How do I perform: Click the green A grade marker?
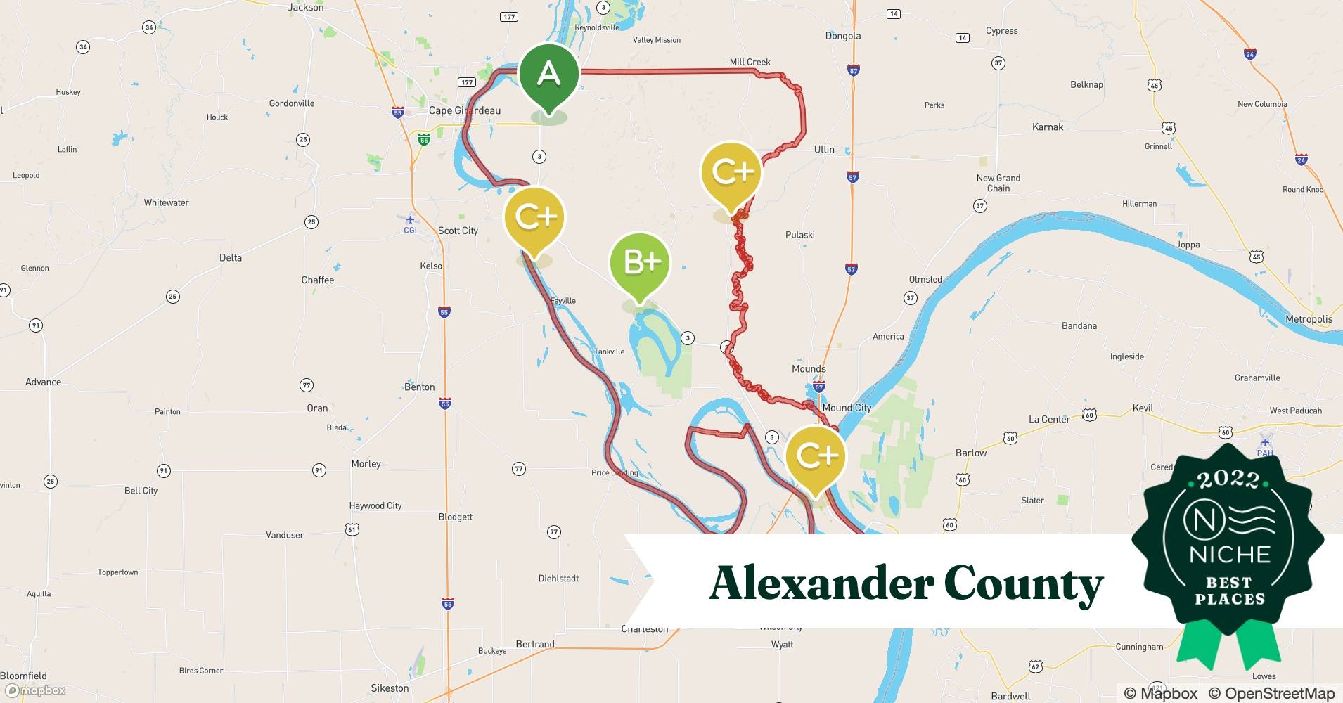coord(548,75)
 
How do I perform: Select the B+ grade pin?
coord(640,263)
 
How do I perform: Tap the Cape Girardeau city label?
coord(465,110)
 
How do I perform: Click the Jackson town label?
coord(306,7)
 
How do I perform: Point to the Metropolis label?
coord(1309,319)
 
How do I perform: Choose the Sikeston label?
coord(390,688)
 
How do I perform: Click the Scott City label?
coord(458,231)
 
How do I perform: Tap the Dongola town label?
coord(842,36)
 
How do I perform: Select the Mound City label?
coord(847,408)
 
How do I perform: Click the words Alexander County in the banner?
coord(906,583)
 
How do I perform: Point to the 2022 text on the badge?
coord(1228,480)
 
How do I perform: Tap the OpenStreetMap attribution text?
coord(1271,693)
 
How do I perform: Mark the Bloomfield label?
coord(24,676)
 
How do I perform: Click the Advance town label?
coord(44,382)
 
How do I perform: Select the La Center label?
coord(1049,419)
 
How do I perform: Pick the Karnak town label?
coord(1048,127)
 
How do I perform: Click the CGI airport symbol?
coord(410,221)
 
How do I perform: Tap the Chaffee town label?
coord(318,280)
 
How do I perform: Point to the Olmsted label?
coord(925,279)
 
